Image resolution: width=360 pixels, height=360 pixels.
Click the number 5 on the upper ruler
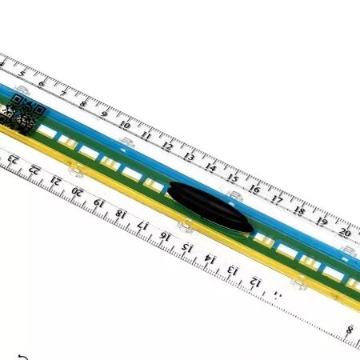pos(22,74)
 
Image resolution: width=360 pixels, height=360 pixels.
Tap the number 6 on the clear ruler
pos(42,83)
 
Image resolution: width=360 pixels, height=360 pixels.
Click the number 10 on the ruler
pos(125,125)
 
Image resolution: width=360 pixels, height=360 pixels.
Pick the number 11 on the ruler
pos(146,135)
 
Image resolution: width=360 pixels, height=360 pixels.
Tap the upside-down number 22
pos(34,170)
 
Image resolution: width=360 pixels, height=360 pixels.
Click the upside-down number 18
pos(121,214)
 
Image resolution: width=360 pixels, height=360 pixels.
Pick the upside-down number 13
pos(233,270)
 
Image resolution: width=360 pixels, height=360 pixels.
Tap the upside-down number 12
pos(255,282)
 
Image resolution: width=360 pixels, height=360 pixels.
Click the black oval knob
pos(210,207)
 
